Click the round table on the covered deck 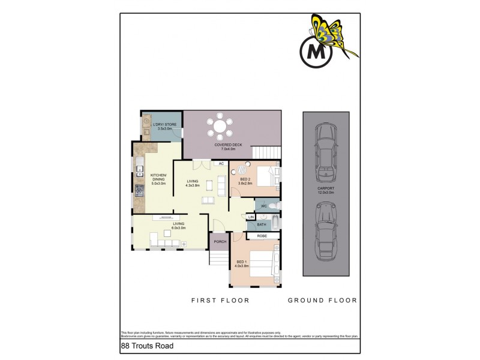click(x=221, y=127)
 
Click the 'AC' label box click(x=220, y=163)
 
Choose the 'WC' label click(x=263, y=206)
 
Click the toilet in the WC click(x=274, y=206)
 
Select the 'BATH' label click(x=262, y=225)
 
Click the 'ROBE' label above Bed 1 click(x=262, y=236)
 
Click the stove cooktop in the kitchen click(x=139, y=191)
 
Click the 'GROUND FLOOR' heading click(x=322, y=300)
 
